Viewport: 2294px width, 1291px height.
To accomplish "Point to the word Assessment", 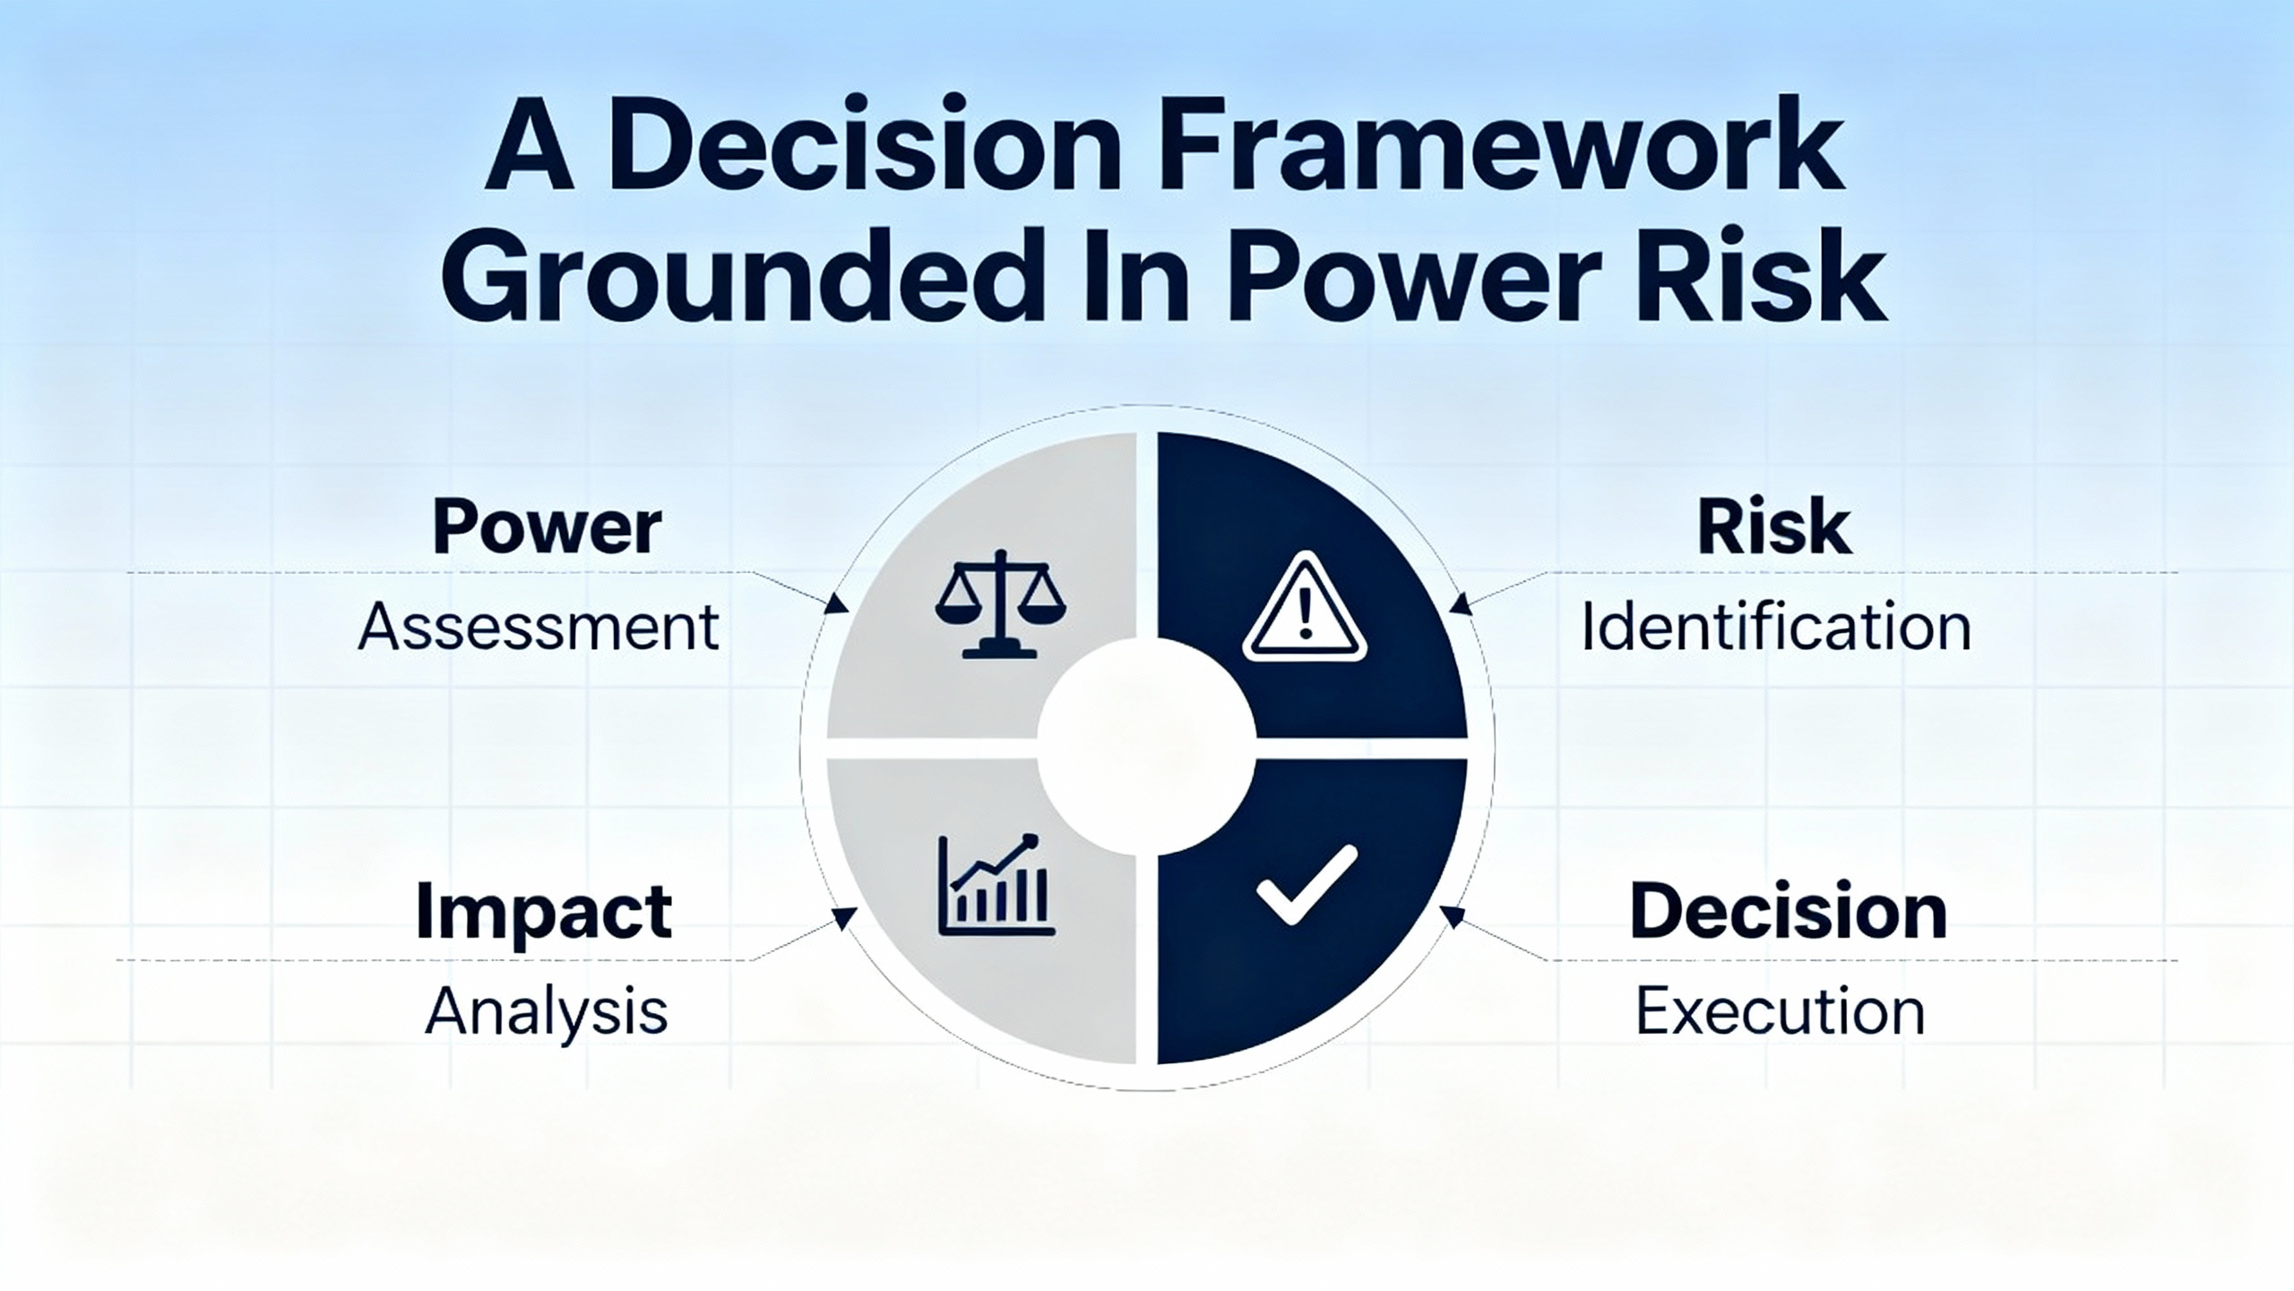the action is point(539,627).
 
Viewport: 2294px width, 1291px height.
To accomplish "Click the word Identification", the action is point(1776,627).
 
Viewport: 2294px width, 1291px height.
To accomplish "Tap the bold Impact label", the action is point(544,912).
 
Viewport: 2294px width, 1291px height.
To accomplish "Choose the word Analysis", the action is point(547,1011).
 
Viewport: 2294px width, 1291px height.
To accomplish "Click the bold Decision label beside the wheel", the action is point(1789,912).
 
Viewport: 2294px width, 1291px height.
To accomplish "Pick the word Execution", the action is point(1781,1011).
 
